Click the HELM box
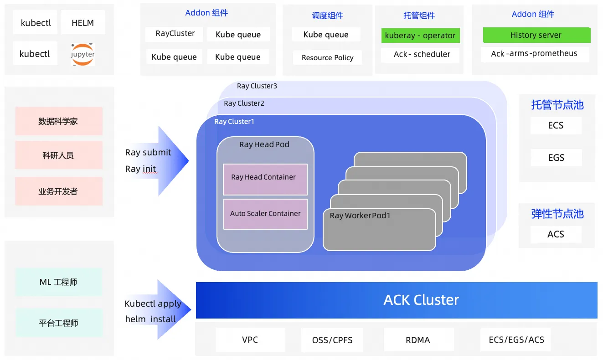tap(82, 23)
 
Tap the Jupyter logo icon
tap(82, 54)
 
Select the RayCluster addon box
tap(174, 34)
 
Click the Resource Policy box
tap(327, 57)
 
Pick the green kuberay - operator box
tap(420, 36)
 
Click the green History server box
tap(536, 35)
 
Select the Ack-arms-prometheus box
tap(534, 54)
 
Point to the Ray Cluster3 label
tap(257, 86)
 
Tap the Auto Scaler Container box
tap(265, 214)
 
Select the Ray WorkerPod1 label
tap(360, 216)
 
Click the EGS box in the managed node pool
tap(556, 158)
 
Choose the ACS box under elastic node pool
tap(556, 234)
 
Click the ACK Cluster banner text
tap(421, 300)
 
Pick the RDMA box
tap(417, 340)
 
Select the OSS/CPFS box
tap(332, 340)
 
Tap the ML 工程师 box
tap(58, 282)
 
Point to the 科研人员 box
tap(58, 155)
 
